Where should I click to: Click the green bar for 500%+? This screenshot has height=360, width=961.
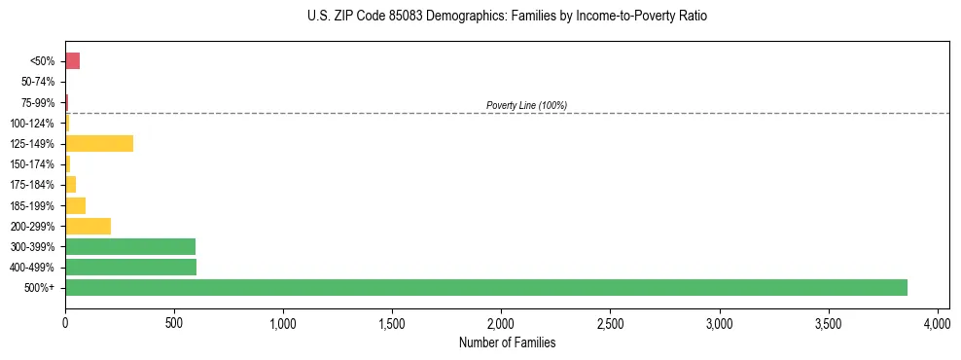click(x=486, y=287)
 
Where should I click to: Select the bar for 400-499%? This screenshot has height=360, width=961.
click(x=130, y=267)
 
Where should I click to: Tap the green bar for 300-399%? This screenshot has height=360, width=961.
click(x=130, y=246)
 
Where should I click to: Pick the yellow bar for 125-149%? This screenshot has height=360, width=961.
click(x=99, y=144)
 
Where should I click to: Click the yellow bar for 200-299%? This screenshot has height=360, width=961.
click(x=88, y=226)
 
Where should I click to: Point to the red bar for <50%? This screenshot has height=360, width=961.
click(x=72, y=61)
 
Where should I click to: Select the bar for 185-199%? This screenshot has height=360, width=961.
click(x=75, y=205)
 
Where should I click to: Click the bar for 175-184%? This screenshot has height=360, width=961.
click(x=70, y=185)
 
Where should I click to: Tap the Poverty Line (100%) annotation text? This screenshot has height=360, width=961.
click(x=526, y=105)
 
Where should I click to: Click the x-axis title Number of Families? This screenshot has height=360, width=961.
click(x=507, y=342)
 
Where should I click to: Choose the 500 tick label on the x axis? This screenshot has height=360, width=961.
click(x=174, y=321)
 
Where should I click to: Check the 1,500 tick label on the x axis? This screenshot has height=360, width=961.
click(x=392, y=321)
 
